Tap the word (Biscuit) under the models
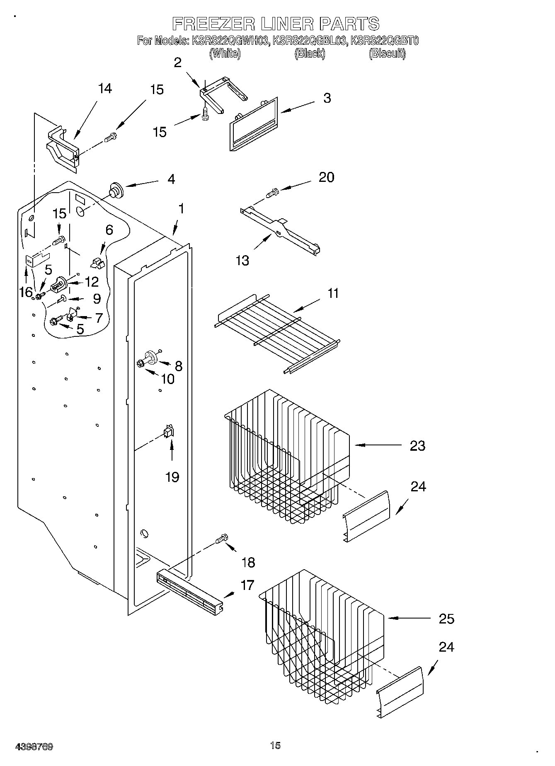click(x=387, y=53)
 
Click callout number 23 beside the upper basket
click(x=417, y=446)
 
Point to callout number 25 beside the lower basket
click(x=446, y=619)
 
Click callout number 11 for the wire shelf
click(x=333, y=293)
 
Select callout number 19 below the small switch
click(x=172, y=477)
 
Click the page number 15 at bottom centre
click(x=275, y=746)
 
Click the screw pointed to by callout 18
click(x=222, y=539)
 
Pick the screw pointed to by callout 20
click(x=272, y=192)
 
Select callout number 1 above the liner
click(x=181, y=209)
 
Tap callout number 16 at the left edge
click(x=26, y=292)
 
